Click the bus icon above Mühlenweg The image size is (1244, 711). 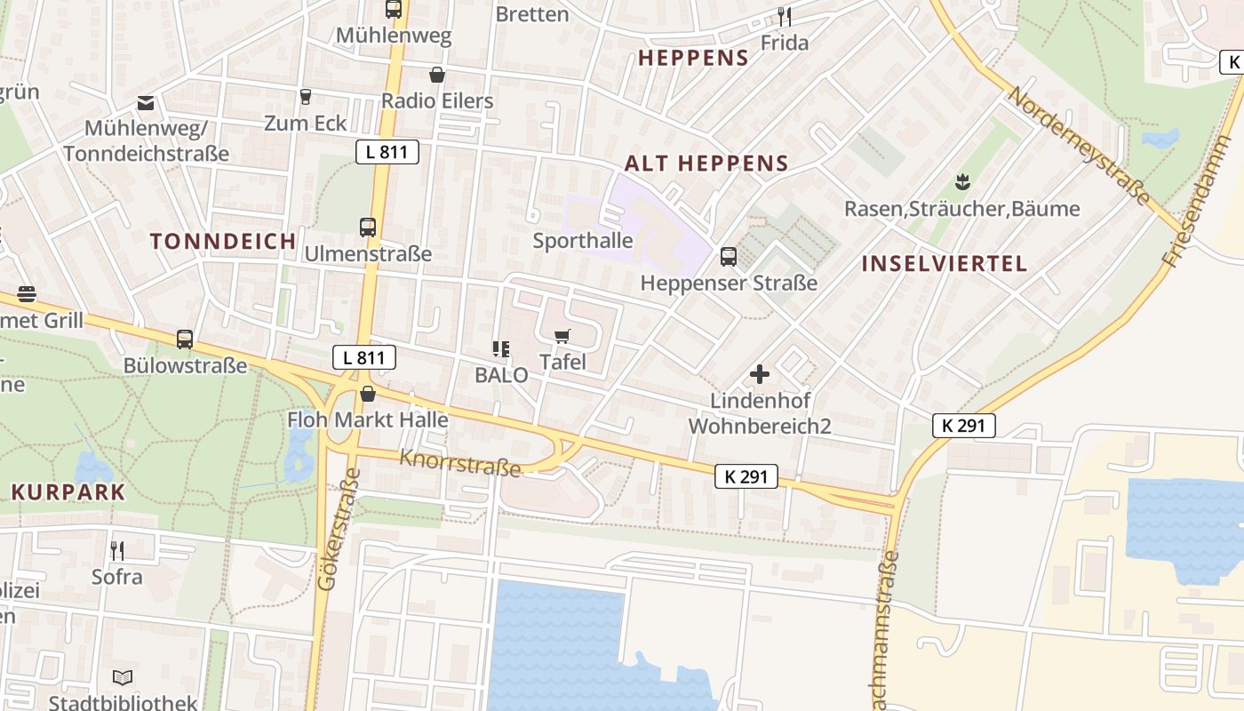[393, 10]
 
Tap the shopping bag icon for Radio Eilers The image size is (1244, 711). [436, 75]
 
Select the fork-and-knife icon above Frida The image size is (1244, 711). [784, 17]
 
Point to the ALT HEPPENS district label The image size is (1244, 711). [706, 164]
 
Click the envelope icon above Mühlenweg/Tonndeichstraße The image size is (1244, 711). [146, 103]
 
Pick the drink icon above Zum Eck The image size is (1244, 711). [306, 96]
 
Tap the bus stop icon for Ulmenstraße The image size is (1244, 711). [368, 227]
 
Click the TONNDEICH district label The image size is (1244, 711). [223, 241]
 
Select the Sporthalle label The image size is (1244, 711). [583, 241]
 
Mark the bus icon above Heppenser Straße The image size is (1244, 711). [729, 257]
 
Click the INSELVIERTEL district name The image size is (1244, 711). [945, 263]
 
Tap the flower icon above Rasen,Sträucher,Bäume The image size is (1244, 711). [961, 182]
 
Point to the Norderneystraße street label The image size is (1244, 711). [1078, 146]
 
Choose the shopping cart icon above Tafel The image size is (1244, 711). [562, 336]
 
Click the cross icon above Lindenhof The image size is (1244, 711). [760, 374]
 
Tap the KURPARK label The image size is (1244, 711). [68, 492]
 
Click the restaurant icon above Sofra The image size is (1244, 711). [116, 551]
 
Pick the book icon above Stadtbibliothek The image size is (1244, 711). [123, 677]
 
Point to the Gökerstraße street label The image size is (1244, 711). [334, 538]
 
